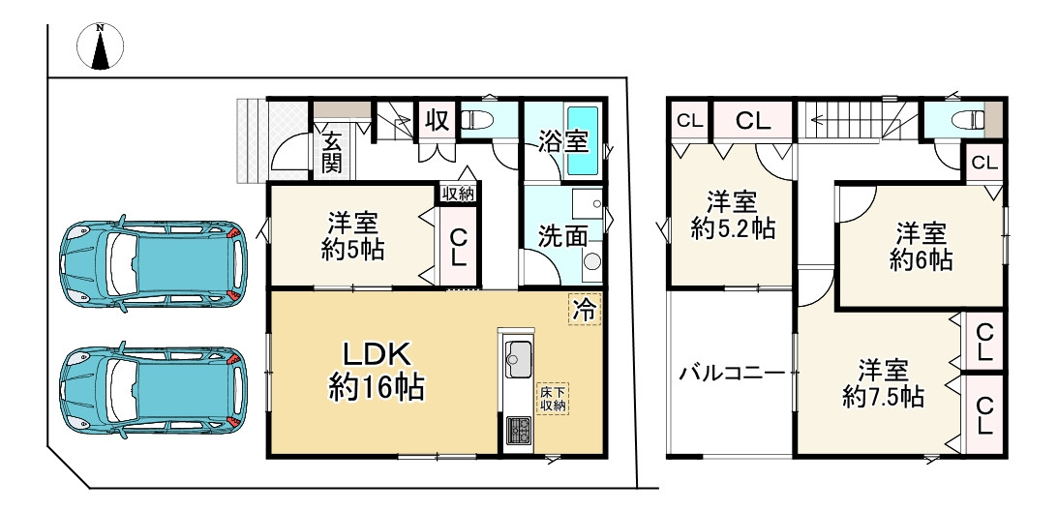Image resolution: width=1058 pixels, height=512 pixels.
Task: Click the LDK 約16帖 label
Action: click(x=376, y=371)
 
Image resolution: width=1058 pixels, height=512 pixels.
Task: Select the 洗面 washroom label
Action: click(x=561, y=234)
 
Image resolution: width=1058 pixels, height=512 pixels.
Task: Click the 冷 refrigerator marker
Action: click(x=584, y=309)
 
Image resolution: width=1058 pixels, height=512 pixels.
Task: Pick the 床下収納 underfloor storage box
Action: click(x=553, y=398)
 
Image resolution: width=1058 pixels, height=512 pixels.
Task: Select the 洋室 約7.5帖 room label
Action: click(x=881, y=383)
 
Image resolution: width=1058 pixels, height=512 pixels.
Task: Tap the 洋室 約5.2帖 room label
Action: click(x=731, y=216)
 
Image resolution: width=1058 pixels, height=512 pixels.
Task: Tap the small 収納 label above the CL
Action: click(x=458, y=194)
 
